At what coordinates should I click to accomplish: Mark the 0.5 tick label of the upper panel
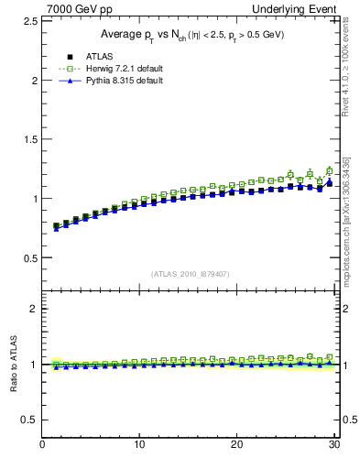(x=29, y=257)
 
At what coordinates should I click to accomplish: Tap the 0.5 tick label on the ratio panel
(x=29, y=420)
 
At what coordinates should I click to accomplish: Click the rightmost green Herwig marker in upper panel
(x=330, y=170)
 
